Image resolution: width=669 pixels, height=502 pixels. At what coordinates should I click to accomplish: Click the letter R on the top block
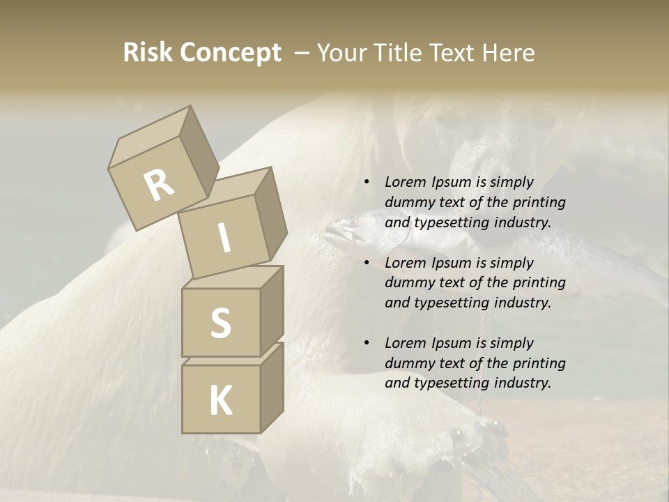coord(160,185)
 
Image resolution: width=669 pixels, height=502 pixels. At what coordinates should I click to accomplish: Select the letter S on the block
coord(220,323)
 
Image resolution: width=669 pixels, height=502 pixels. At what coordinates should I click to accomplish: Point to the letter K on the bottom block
coord(220,401)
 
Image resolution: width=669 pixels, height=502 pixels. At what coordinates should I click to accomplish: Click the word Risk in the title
coord(148,53)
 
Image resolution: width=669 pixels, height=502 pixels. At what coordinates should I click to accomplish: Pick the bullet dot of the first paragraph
coord(366,183)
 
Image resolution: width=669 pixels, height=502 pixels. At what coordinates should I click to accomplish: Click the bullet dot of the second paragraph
coord(366,263)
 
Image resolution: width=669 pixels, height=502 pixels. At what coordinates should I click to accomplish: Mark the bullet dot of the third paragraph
coord(366,343)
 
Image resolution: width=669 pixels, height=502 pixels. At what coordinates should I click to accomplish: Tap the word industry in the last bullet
coord(516,383)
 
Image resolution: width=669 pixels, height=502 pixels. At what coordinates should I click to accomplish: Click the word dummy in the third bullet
coord(408,363)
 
